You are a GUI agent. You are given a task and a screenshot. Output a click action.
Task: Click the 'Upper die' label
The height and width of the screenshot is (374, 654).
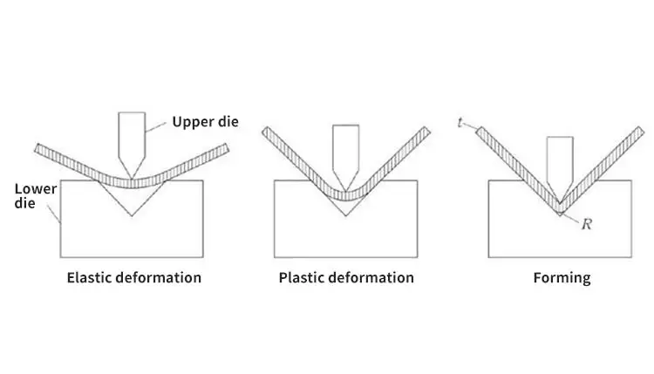(205, 121)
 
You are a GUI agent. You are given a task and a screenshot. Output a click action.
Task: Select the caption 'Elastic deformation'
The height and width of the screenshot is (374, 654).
(134, 278)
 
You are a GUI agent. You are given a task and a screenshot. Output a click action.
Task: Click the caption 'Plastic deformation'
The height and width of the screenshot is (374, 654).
(346, 278)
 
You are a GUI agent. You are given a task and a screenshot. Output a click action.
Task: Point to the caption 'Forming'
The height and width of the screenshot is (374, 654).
(562, 278)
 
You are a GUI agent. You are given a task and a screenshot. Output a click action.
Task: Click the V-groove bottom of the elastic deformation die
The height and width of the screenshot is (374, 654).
(132, 215)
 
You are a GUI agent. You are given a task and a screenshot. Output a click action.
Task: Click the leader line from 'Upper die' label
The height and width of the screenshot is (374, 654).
(157, 126)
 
